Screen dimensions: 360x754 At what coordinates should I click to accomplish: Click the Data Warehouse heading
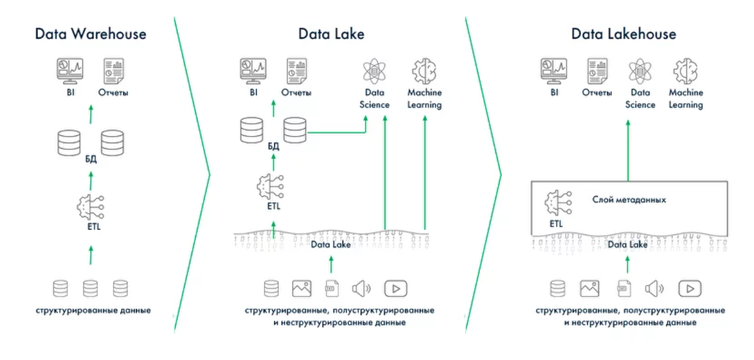click(91, 34)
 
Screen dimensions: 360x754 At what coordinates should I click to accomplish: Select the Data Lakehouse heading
click(623, 34)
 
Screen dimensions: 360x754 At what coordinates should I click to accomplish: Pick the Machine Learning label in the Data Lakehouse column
click(686, 98)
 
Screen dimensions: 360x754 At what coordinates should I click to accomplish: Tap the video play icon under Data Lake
click(396, 289)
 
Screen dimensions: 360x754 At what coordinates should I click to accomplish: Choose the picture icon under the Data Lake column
click(301, 289)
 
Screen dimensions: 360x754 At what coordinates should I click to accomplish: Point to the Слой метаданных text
click(628, 199)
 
